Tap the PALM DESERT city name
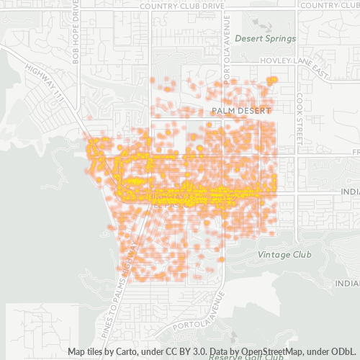241,111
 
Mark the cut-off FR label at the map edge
356,153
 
